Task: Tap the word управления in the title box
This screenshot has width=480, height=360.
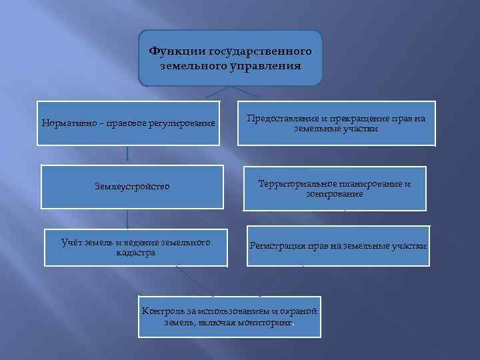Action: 267,66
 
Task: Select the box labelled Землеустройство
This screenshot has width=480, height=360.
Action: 131,187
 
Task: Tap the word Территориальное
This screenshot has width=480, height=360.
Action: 289,183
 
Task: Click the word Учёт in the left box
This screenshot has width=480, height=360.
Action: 73,242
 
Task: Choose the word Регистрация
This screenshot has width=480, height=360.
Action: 277,246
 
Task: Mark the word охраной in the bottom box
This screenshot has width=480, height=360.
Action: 299,312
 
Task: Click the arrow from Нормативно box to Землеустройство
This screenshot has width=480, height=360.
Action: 127,155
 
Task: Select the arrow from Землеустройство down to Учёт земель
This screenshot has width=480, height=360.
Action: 127,219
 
